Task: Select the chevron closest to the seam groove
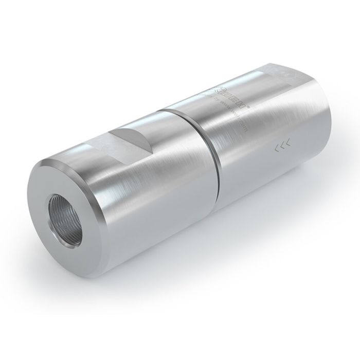coord(276,150)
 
